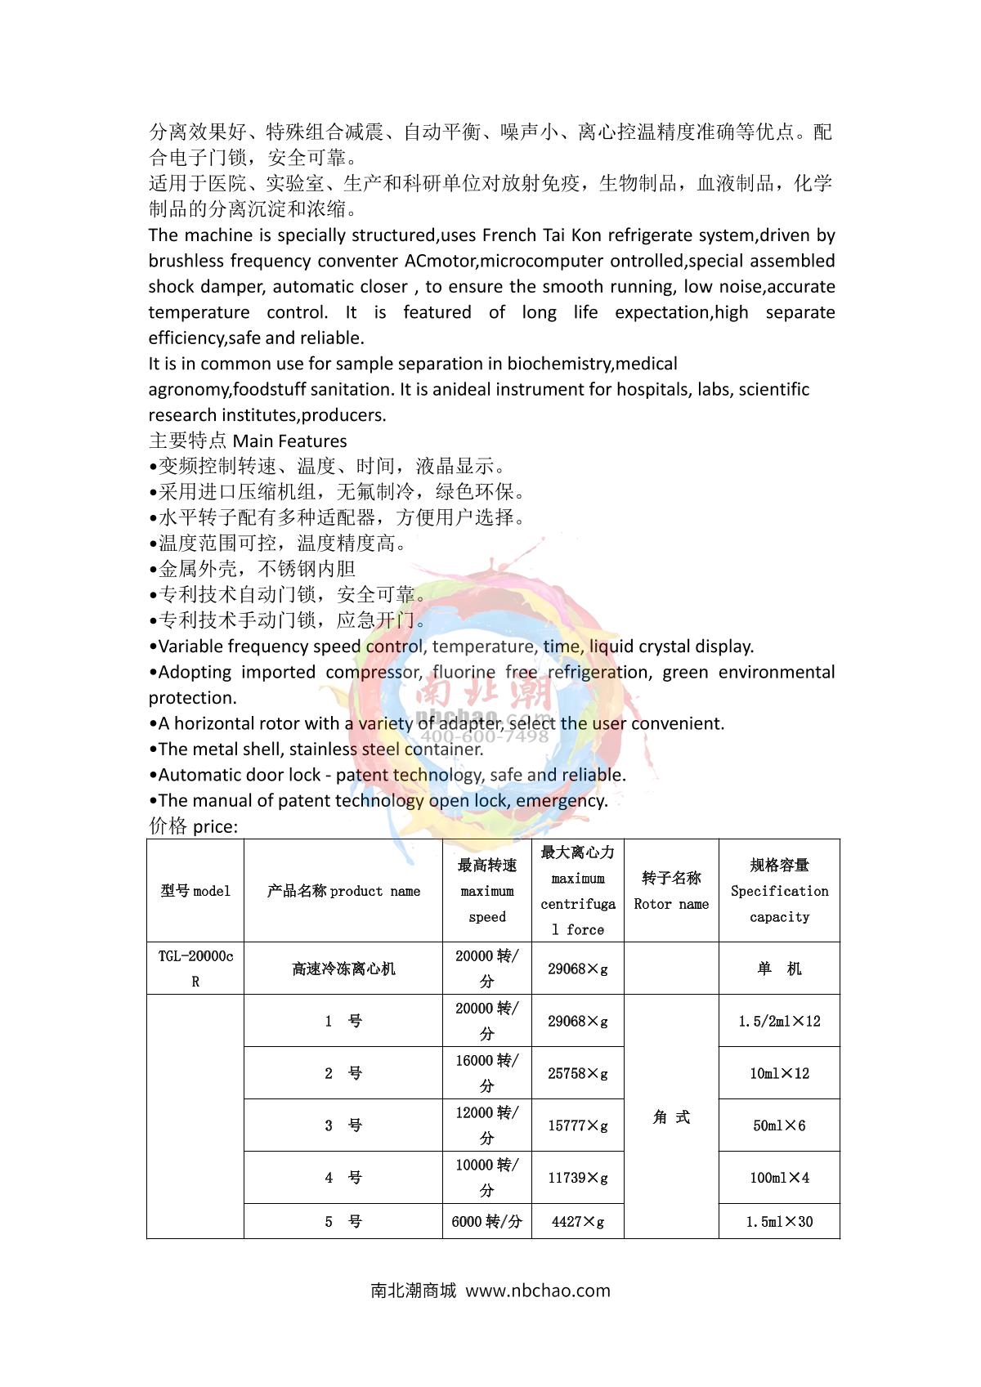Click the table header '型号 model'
pyautogui.click(x=195, y=891)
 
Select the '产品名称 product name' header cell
pyautogui.click(x=343, y=891)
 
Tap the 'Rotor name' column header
pyautogui.click(x=671, y=891)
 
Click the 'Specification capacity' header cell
pyautogui.click(x=779, y=891)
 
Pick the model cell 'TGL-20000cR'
pyautogui.click(x=195, y=969)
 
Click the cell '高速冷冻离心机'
pyautogui.click(x=343, y=969)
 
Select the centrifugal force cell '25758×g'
pyautogui.click(x=578, y=1073)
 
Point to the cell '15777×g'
pyautogui.click(x=578, y=1125)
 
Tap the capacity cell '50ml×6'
pyautogui.click(x=779, y=1125)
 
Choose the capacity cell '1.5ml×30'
pyautogui.click(x=779, y=1222)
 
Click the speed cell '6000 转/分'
pyautogui.click(x=486, y=1222)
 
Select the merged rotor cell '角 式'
pyautogui.click(x=671, y=1116)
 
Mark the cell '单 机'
pyautogui.click(x=779, y=969)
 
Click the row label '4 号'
pyautogui.click(x=343, y=1178)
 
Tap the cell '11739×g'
pyautogui.click(x=578, y=1178)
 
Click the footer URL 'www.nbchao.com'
pyautogui.click(x=537, y=1291)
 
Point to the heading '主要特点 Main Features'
pyautogui.click(x=248, y=441)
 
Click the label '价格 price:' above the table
pyautogui.click(x=193, y=826)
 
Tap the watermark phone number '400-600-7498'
pyautogui.click(x=485, y=736)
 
